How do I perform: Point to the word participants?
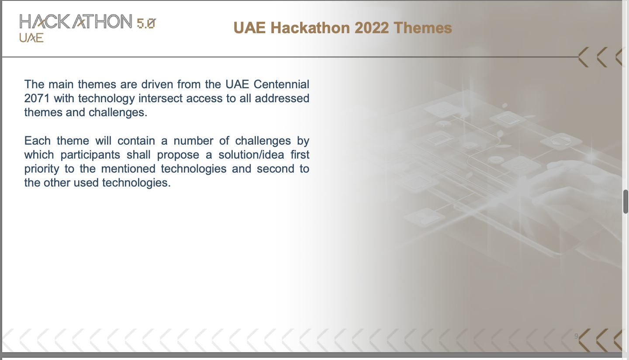point(91,155)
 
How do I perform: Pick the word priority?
point(41,169)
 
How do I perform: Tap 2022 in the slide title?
point(371,28)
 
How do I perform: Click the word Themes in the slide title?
point(423,28)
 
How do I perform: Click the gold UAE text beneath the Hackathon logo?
point(31,38)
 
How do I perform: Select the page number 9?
point(576,336)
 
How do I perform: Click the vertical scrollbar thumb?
point(626,202)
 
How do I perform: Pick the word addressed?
point(282,98)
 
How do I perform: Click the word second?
point(275,169)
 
